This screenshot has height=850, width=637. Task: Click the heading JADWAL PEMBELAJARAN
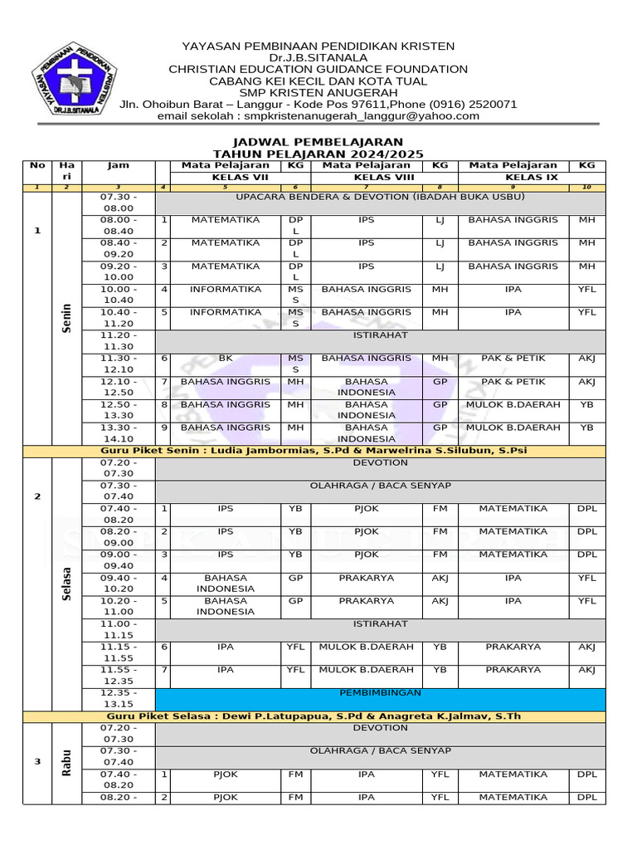click(318, 143)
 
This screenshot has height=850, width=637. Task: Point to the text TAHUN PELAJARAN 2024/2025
click(318, 154)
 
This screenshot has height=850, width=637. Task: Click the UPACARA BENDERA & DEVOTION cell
click(381, 198)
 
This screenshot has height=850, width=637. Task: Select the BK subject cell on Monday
click(226, 359)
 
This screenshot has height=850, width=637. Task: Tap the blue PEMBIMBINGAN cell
click(381, 692)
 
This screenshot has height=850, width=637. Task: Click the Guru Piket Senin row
click(314, 451)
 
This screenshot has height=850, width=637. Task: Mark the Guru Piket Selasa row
click(314, 716)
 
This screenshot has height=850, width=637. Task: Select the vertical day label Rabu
click(66, 762)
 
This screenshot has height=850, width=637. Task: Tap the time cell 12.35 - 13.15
click(118, 698)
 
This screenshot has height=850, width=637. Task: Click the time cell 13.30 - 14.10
click(118, 433)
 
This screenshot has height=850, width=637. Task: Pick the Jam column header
click(118, 166)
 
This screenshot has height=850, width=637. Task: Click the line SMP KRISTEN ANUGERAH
click(318, 93)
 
